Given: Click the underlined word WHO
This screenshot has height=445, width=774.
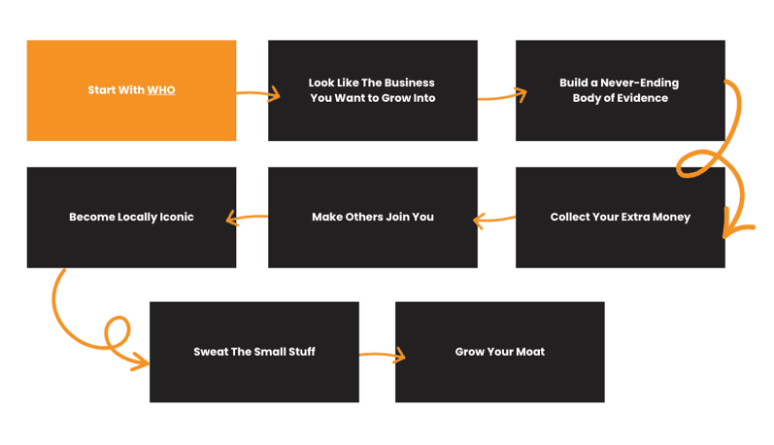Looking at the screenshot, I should pyautogui.click(x=161, y=90).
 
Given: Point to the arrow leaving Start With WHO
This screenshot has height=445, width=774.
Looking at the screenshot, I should pyautogui.click(x=257, y=94).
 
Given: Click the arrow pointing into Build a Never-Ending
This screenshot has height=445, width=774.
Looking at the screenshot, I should pyautogui.click(x=501, y=95).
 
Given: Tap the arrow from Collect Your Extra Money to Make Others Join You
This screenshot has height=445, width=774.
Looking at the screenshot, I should pyautogui.click(x=494, y=221).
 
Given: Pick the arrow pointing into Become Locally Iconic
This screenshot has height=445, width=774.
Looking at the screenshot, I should pyautogui.click(x=248, y=219).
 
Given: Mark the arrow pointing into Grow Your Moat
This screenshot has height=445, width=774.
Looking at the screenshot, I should pyautogui.click(x=382, y=356).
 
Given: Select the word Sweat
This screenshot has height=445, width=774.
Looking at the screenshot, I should pyautogui.click(x=210, y=352).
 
